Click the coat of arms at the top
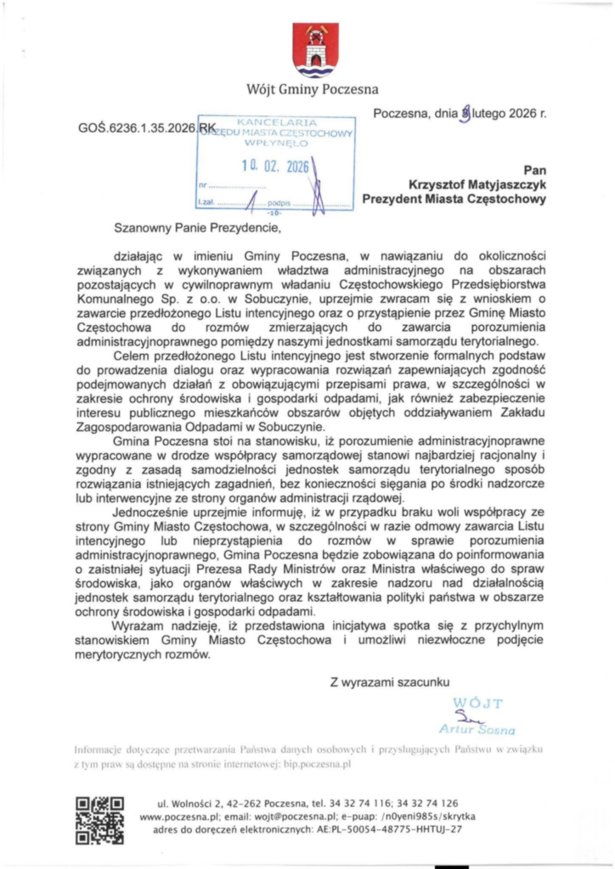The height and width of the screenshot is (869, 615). click(x=315, y=50)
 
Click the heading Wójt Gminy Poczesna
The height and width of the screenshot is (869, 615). click(x=312, y=89)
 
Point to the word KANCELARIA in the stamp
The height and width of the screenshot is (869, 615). click(x=277, y=124)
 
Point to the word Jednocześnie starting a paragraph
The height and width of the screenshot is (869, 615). click(x=154, y=514)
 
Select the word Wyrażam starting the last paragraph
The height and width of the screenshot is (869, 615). click(x=142, y=626)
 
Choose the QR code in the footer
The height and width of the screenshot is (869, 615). click(x=99, y=819)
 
